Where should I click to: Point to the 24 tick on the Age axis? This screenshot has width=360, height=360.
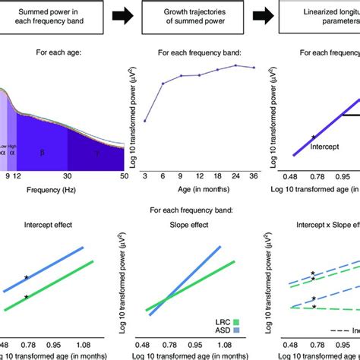[235, 175]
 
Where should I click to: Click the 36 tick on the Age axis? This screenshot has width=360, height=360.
[254, 175]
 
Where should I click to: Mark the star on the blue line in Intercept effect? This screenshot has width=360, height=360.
[26, 279]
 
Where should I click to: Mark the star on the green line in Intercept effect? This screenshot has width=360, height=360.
[26, 297]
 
